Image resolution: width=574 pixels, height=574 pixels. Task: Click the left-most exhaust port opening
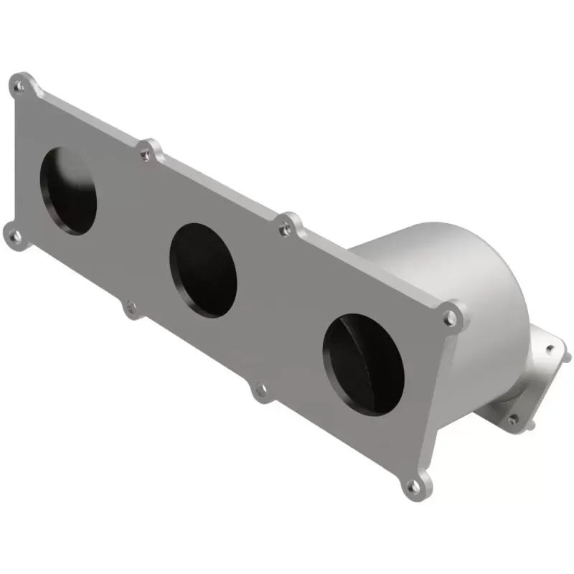click(x=68, y=191)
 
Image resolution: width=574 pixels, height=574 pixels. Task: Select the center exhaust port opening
click(x=203, y=270)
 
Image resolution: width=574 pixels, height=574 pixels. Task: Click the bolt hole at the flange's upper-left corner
click(x=20, y=87)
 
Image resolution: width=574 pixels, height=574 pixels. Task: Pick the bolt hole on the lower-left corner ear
click(x=15, y=234)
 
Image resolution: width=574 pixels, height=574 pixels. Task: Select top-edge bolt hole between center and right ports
click(x=286, y=229)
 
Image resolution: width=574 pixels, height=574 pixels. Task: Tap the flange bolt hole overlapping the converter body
click(x=450, y=316)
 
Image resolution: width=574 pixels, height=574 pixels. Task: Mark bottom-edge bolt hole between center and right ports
click(x=260, y=390)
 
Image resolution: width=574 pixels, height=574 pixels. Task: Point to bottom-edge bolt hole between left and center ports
click(x=131, y=308)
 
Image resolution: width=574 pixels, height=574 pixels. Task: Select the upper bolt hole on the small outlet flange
click(x=550, y=349)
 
